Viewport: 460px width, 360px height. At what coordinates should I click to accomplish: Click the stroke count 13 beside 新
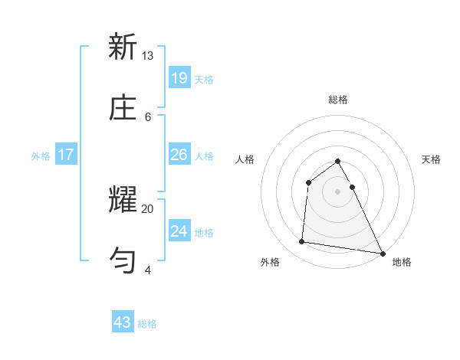[x=148, y=56]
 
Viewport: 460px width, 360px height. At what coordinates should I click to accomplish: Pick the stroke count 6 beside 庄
[x=148, y=116]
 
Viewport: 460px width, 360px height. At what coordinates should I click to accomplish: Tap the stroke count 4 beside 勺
[x=148, y=270]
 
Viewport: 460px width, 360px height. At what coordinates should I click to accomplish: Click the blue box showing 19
[x=179, y=77]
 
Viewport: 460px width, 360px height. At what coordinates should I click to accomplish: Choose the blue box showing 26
[x=179, y=155]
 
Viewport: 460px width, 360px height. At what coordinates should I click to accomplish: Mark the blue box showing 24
[x=179, y=231]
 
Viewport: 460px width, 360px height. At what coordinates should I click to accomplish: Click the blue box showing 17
[x=66, y=155]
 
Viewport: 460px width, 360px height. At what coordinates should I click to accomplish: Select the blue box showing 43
[x=123, y=322]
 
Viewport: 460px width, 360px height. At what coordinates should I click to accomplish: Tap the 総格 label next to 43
[x=148, y=324]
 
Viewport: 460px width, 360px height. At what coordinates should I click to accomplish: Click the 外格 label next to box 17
[x=41, y=156]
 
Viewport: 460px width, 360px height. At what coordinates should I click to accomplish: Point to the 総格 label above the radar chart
[x=338, y=100]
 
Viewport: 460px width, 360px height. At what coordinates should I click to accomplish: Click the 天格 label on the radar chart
[x=432, y=159]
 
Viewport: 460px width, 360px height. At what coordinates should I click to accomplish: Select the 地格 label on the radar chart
[x=402, y=262]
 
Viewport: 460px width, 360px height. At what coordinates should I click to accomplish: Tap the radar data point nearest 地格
[x=382, y=252]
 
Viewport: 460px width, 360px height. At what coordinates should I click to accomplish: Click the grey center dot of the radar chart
[x=338, y=191]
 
